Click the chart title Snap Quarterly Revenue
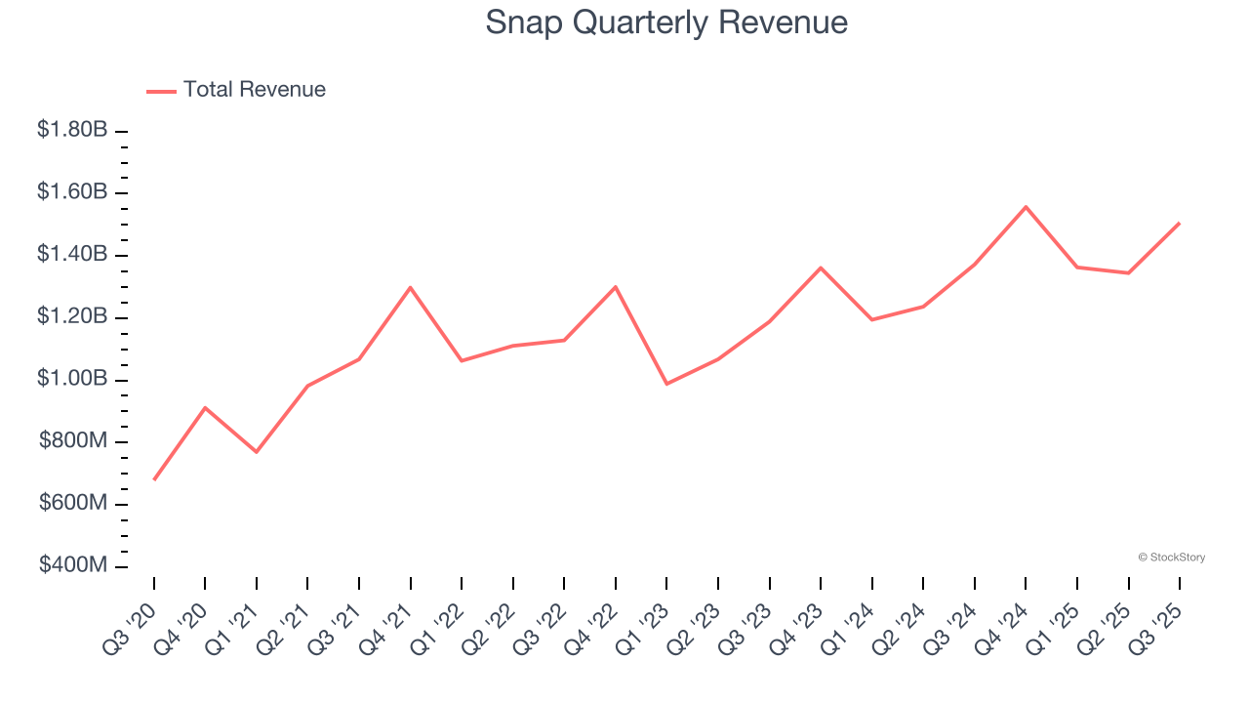(666, 22)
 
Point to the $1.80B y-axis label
(72, 130)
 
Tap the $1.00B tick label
(72, 379)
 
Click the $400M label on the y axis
(73, 565)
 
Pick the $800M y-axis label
(73, 441)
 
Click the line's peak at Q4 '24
(1026, 207)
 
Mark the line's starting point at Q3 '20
(154, 479)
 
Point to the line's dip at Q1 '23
(666, 384)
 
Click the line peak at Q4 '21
(411, 287)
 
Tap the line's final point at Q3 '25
(1180, 223)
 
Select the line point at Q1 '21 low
(257, 452)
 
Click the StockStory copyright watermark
(1171, 558)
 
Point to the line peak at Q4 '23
(821, 268)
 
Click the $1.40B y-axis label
(72, 255)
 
